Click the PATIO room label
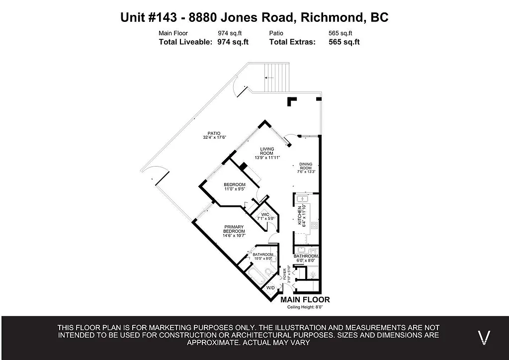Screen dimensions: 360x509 (211, 133)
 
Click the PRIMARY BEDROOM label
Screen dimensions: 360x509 (234, 229)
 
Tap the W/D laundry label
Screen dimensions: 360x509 (270, 288)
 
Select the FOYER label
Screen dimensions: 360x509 (285, 272)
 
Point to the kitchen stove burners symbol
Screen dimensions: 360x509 (314, 225)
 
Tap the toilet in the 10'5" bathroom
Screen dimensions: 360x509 (268, 271)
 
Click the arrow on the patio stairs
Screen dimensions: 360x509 (269, 78)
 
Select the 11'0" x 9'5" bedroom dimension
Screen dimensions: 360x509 (235, 189)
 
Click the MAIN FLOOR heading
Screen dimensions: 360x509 (305, 300)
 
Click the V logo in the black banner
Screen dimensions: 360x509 (484, 337)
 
